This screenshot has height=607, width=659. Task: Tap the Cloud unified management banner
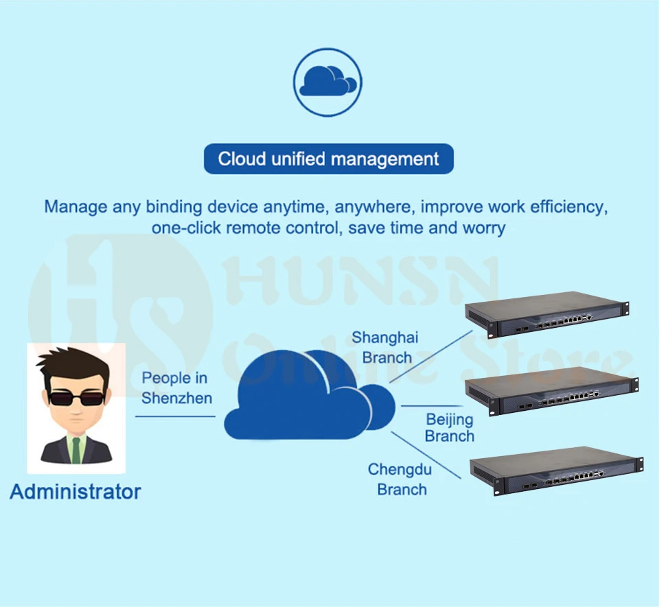click(x=328, y=159)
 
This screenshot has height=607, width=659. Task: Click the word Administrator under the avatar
click(x=76, y=491)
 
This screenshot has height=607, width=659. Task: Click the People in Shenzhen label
click(x=175, y=388)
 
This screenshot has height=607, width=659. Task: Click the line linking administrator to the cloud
click(x=175, y=416)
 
